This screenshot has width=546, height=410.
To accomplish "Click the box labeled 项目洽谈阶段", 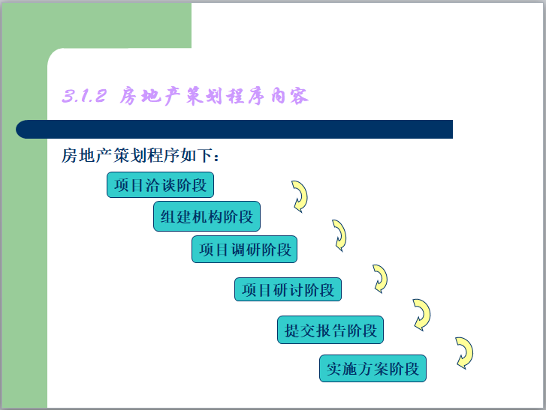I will pyautogui.click(x=160, y=185).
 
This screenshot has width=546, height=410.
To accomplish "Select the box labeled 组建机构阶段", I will pyautogui.click(x=207, y=217).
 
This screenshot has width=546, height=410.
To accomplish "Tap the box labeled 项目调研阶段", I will pyautogui.click(x=244, y=250).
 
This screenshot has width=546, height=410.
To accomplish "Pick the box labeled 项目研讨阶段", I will pyautogui.click(x=288, y=289).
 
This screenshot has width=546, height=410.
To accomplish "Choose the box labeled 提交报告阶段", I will pyautogui.click(x=331, y=330).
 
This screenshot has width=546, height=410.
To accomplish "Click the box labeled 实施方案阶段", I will pyautogui.click(x=373, y=369).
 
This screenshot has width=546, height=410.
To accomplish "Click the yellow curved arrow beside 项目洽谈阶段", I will pyautogui.click(x=300, y=196).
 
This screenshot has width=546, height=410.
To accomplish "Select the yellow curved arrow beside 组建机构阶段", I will pyautogui.click(x=339, y=235).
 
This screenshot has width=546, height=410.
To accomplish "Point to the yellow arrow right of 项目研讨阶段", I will pyautogui.click(x=380, y=278).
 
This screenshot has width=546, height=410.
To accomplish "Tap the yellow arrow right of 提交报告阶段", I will pyautogui.click(x=421, y=315).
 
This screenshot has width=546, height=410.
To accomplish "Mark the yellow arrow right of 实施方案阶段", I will pyautogui.click(x=464, y=353).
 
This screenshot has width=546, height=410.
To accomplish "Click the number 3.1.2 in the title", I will pyautogui.click(x=83, y=97).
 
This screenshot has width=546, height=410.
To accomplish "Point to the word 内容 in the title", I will pyautogui.click(x=291, y=97).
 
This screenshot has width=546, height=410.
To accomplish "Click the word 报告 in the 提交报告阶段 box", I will pyautogui.click(x=331, y=330).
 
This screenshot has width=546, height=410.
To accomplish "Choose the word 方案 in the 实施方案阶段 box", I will pyautogui.click(x=373, y=369).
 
